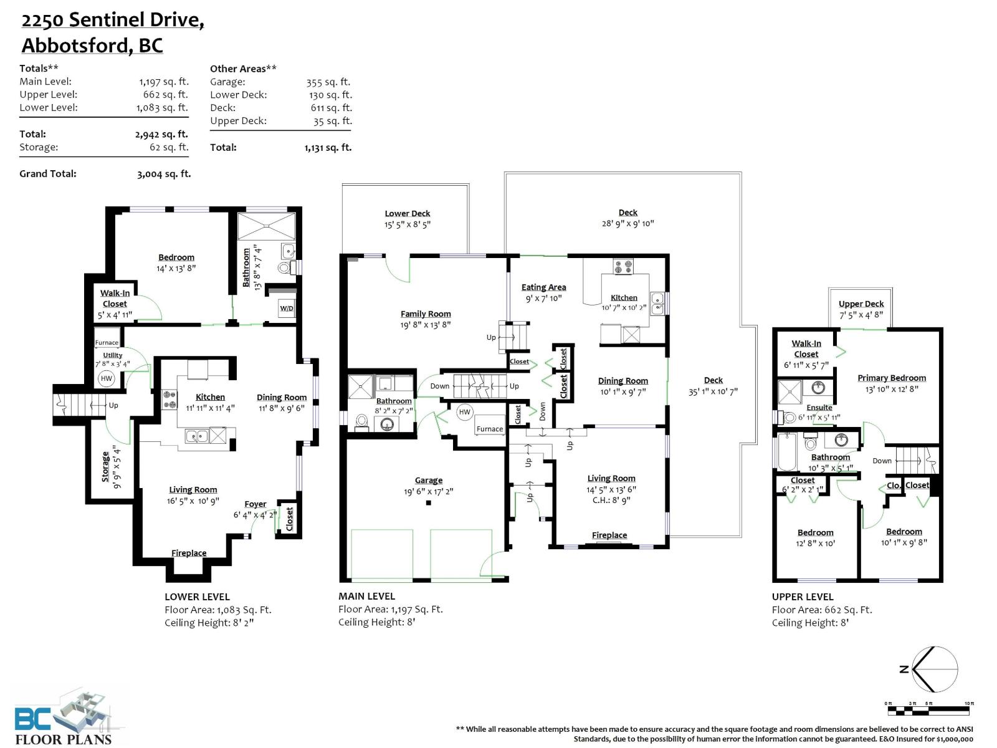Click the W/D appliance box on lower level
(286, 308)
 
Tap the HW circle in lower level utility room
(107, 378)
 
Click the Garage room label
(429, 481)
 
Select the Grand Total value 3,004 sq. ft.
(164, 174)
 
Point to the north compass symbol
(933, 669)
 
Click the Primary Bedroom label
(891, 378)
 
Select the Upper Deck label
(861, 304)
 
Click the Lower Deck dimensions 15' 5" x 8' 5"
(408, 224)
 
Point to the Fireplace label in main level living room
(609, 535)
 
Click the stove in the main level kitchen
(623, 267)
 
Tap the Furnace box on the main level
(490, 428)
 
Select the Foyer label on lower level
(255, 504)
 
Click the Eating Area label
(543, 287)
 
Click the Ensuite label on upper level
(819, 408)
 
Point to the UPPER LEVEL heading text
(803, 597)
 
